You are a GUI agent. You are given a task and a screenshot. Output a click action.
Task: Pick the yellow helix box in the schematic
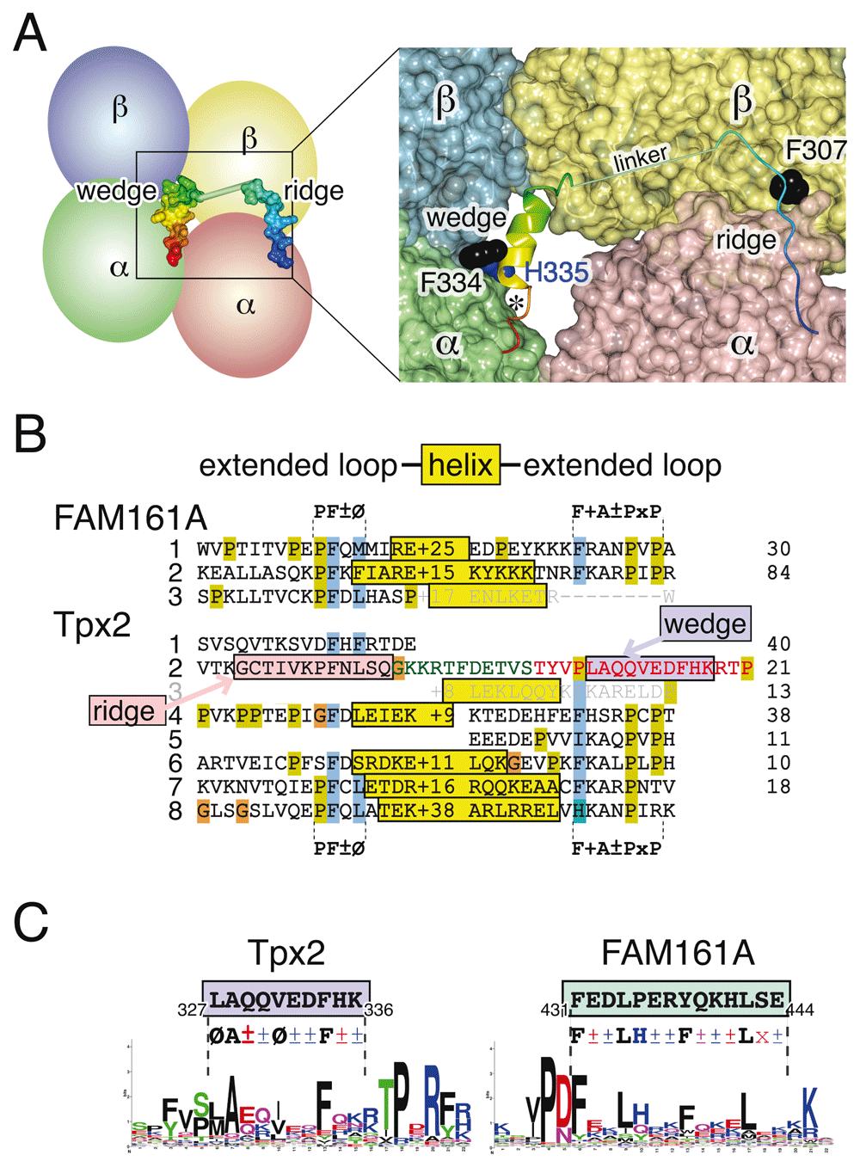(x=458, y=466)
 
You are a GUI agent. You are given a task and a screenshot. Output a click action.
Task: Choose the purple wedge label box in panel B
(x=706, y=622)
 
